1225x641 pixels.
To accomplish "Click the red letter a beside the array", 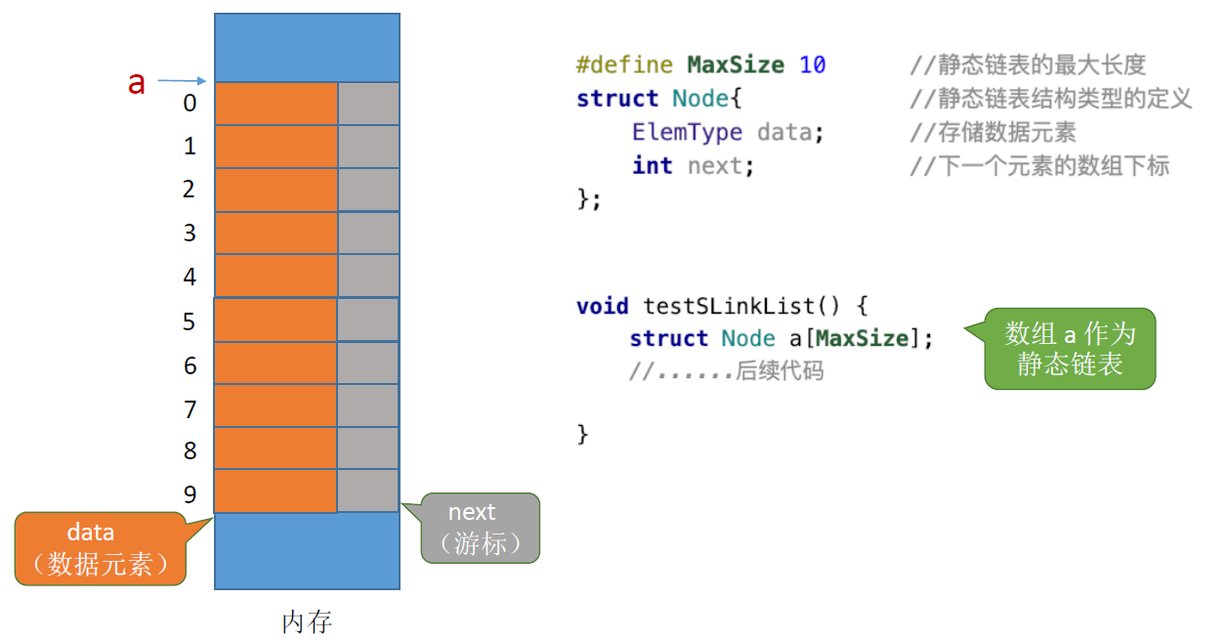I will click(137, 83).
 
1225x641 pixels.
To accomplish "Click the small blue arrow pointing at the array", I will click(182, 80).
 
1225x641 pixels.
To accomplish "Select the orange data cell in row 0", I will click(275, 104).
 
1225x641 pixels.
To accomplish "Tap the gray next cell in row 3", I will click(368, 233).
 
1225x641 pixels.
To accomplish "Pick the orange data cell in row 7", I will click(275, 406).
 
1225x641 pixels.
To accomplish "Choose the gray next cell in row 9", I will click(368, 491).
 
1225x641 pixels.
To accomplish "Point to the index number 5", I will click(190, 321).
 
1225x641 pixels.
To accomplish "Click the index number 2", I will click(190, 189).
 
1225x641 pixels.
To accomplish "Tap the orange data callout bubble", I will click(101, 548).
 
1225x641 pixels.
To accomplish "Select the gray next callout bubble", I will click(480, 528).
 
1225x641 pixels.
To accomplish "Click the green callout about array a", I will click(1070, 349).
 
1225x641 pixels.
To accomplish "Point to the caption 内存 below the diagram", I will click(307, 621).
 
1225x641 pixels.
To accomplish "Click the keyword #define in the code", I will click(624, 65).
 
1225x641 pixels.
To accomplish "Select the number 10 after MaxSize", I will click(812, 65).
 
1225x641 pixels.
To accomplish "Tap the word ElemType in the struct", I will click(687, 132).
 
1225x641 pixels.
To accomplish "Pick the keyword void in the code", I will click(602, 306).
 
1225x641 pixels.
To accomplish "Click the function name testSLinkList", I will click(728, 306).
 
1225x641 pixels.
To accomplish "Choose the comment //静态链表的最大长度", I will click(1028, 65).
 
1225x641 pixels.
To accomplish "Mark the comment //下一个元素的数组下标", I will click(1039, 165).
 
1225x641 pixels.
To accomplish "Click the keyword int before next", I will click(652, 165).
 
